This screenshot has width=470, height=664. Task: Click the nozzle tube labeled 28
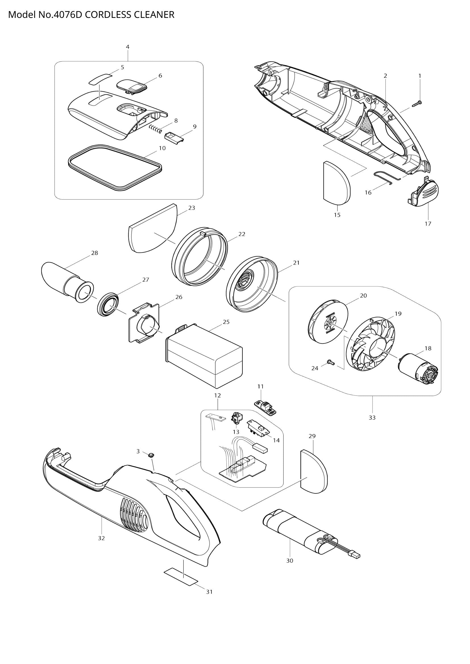click(65, 278)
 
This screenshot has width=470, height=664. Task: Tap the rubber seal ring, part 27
click(108, 305)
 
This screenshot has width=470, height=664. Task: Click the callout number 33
click(372, 418)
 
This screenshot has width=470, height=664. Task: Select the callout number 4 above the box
click(128, 47)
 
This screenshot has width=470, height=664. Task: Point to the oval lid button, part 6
click(132, 87)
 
